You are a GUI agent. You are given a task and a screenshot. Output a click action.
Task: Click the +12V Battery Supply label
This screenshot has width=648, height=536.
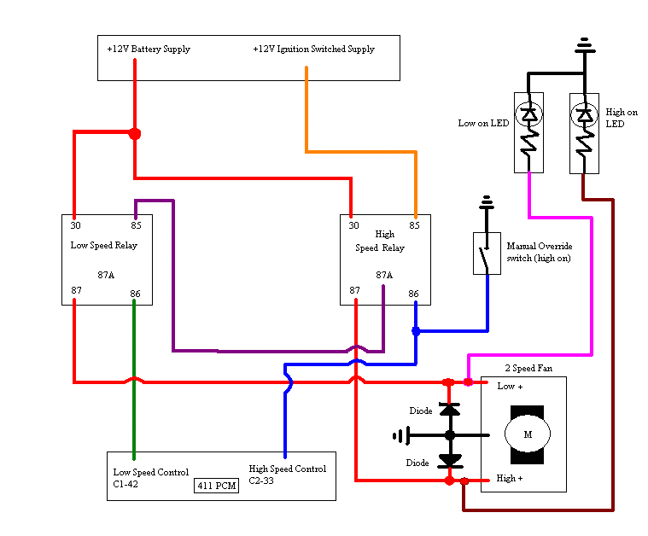tap(148, 50)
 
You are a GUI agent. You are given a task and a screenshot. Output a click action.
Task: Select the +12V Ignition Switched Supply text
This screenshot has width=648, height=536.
tap(313, 50)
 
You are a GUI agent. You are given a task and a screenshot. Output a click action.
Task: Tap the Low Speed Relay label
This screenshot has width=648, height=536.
tap(103, 246)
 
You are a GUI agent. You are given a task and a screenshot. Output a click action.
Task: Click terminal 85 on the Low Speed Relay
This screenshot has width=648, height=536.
tap(135, 225)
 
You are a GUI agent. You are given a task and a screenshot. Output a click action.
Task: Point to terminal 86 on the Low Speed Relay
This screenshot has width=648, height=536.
tap(135, 294)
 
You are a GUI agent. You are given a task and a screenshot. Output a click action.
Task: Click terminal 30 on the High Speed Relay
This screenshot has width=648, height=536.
tap(353, 225)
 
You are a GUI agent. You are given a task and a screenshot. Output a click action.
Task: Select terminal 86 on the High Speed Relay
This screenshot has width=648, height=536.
tap(414, 294)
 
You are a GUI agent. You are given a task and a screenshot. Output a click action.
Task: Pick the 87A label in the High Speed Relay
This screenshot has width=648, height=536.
tap(384, 276)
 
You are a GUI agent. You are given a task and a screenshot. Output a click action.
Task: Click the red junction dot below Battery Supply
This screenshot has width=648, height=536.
tap(134, 133)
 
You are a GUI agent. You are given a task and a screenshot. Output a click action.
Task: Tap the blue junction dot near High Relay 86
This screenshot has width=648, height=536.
tap(416, 331)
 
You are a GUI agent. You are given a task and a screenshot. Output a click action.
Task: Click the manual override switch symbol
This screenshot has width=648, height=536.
tap(487, 253)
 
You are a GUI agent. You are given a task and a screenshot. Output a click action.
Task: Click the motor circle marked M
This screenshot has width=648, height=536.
tap(527, 434)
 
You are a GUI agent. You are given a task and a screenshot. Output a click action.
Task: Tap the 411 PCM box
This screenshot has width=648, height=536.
tap(216, 486)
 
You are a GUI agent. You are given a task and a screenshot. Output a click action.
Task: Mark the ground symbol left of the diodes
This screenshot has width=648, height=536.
tap(399, 436)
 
